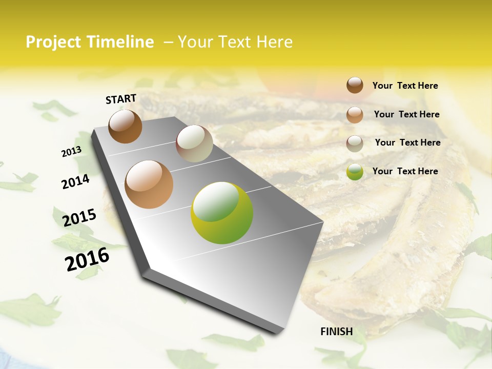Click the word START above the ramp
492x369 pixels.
point(121,99)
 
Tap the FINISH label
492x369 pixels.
point(337,332)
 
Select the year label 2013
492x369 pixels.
point(71,152)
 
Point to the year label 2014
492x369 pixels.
point(75,182)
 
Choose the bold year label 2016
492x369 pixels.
point(87,259)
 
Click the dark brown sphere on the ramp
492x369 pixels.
point(126,126)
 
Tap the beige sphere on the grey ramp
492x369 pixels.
point(194,143)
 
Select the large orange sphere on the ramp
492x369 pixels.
point(149,184)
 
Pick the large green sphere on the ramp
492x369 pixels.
point(222,213)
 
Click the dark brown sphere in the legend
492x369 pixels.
point(355,85)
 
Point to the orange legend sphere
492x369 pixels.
point(355,115)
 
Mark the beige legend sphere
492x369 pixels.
point(355,143)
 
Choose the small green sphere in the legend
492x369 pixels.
point(355,172)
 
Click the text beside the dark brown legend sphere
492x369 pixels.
point(405,86)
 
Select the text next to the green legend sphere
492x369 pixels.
point(405,171)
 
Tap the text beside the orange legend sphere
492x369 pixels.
point(406,114)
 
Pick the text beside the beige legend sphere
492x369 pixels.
point(407,142)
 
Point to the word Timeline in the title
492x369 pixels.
point(120,42)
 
